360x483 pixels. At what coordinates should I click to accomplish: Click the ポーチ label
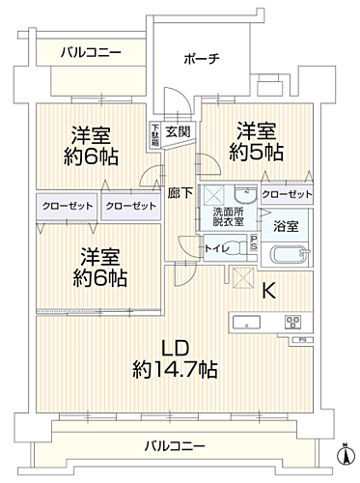click(203, 58)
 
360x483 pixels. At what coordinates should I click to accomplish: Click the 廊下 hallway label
click(177, 192)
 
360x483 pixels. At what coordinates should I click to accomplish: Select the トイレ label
click(218, 248)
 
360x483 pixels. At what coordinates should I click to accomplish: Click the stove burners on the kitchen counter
click(292, 321)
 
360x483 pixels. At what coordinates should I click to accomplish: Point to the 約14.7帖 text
click(175, 368)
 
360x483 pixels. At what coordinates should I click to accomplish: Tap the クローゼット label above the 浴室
click(287, 195)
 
